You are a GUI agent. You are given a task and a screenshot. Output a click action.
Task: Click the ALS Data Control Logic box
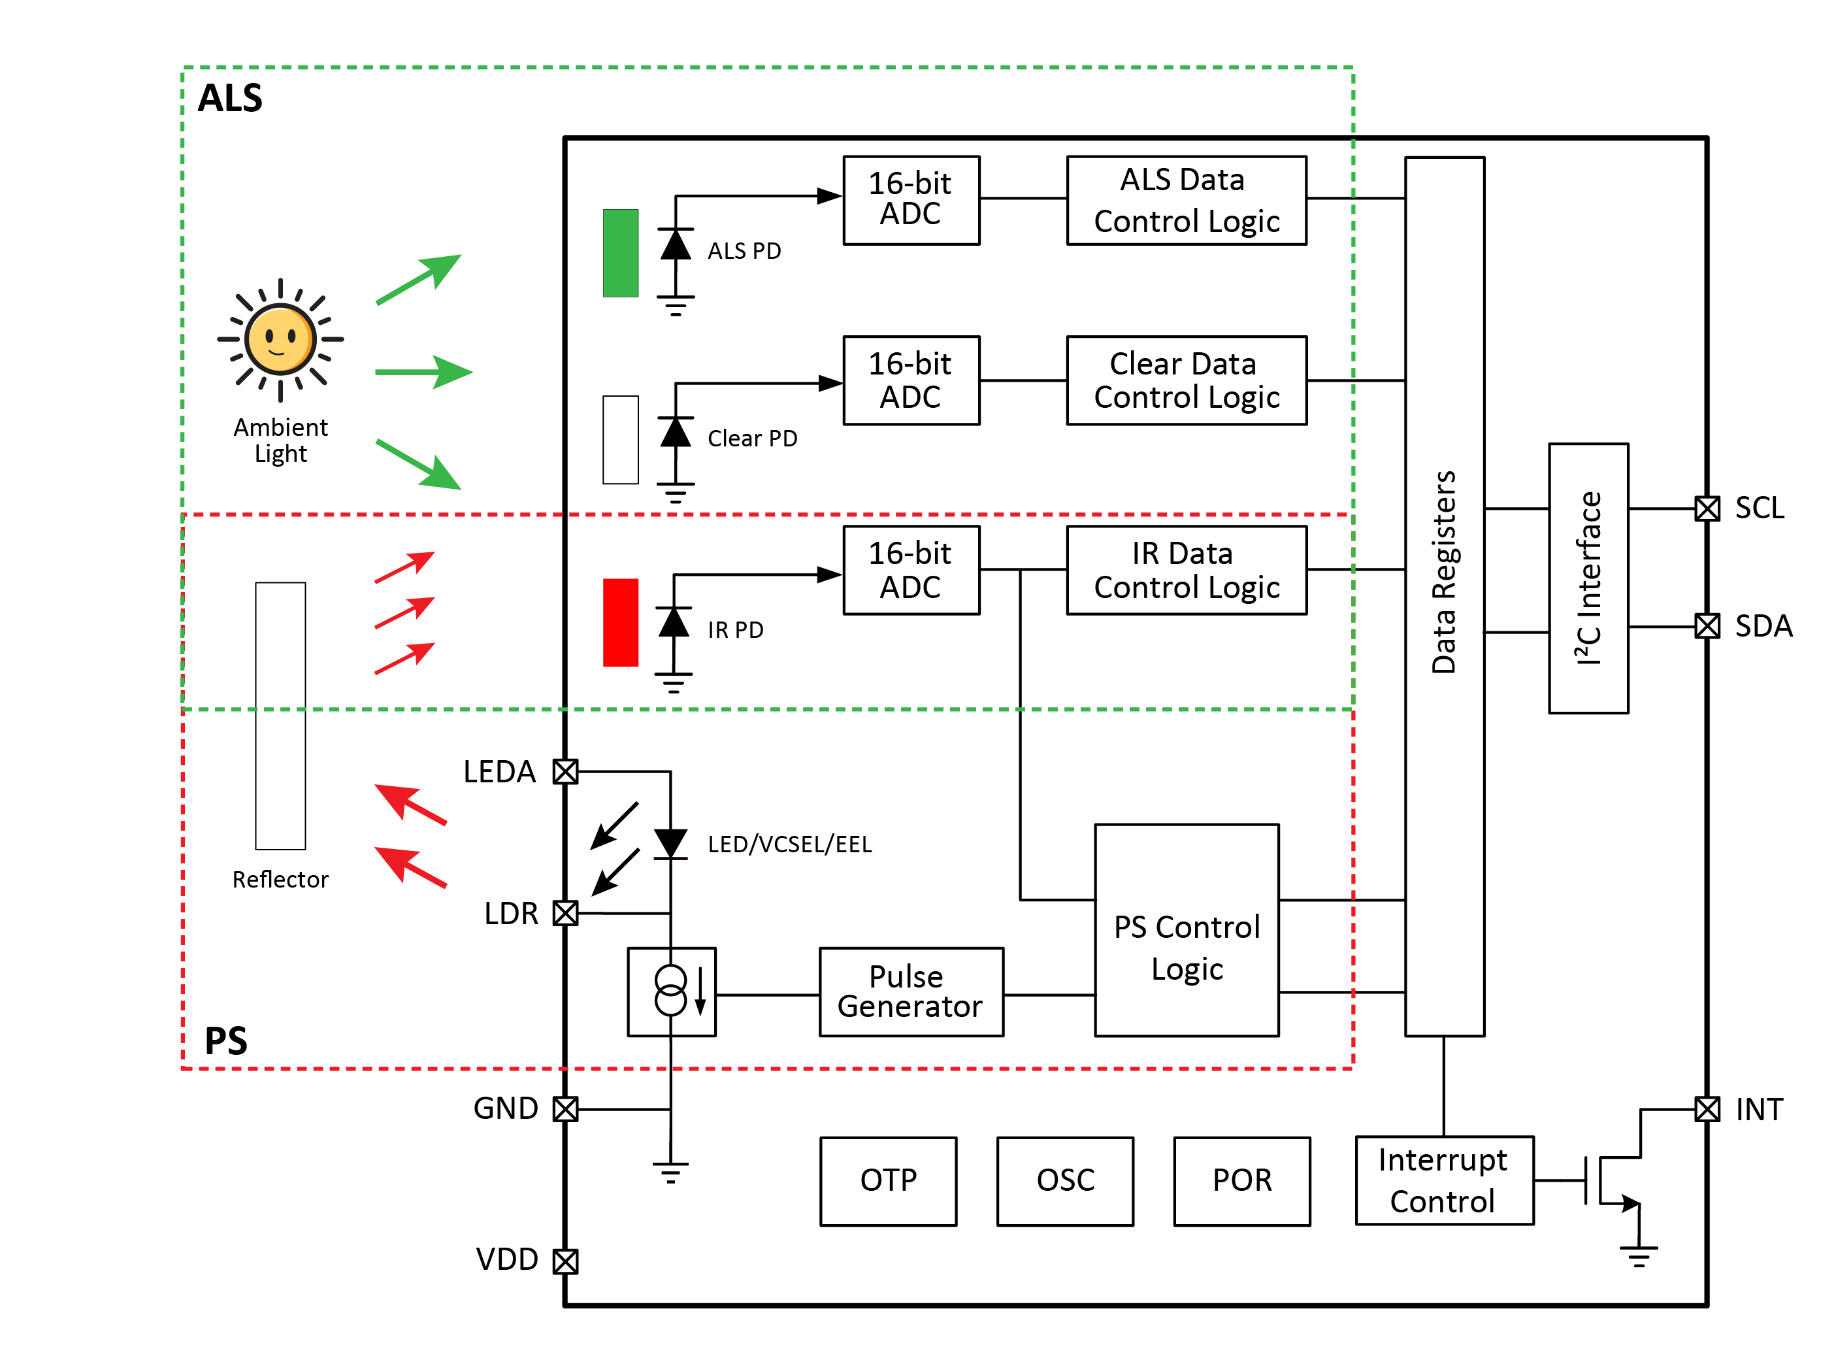point(1187,201)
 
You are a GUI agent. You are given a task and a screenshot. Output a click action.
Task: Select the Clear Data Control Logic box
point(1187,380)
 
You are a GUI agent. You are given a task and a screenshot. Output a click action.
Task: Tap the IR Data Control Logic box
point(1187,571)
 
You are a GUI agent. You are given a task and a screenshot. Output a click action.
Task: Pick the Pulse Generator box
point(911,991)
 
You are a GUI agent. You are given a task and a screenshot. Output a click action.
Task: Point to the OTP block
point(889,1182)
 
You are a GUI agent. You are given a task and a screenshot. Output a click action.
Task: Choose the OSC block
point(1065,1182)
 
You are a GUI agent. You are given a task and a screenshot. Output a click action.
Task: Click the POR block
point(1241,1182)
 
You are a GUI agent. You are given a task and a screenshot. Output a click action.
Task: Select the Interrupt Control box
point(1444,1181)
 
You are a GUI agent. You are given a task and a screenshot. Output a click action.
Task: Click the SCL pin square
point(1707,508)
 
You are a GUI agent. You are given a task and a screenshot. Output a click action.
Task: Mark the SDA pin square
point(1707,627)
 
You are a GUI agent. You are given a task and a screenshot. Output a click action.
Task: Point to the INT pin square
point(1707,1109)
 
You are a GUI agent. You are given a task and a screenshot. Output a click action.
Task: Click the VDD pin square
point(565,1261)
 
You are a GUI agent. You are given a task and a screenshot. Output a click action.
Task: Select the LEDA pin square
point(565,771)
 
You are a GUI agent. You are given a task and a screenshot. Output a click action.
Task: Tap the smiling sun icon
point(281,339)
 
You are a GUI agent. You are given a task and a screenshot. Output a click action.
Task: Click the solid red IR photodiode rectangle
point(621,623)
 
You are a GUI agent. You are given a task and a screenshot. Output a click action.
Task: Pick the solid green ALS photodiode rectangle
point(621,253)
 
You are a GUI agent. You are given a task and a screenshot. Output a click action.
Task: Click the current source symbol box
point(671,991)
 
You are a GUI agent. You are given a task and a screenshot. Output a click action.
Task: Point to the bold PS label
point(225,1040)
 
